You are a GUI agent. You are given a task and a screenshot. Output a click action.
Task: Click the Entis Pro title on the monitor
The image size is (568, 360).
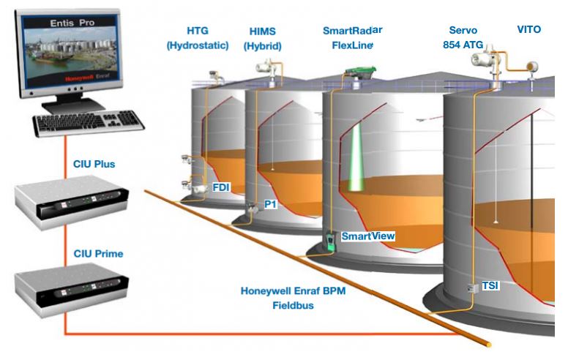(72, 24)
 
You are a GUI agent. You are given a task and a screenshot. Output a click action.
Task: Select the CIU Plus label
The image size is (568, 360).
(94, 164)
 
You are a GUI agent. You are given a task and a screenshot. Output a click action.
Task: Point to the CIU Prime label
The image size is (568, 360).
(98, 254)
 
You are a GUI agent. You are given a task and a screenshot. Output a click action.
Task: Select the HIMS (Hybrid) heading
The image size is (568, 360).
(263, 38)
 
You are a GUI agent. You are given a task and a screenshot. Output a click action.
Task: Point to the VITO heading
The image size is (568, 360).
(528, 30)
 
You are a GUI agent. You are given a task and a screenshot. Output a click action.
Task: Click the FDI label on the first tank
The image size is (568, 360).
(221, 187)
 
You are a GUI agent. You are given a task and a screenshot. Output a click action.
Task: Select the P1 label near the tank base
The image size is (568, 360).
(270, 205)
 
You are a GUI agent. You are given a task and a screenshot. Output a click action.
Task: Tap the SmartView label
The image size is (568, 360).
(368, 236)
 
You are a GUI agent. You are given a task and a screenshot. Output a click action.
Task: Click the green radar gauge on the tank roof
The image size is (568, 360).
(359, 73)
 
